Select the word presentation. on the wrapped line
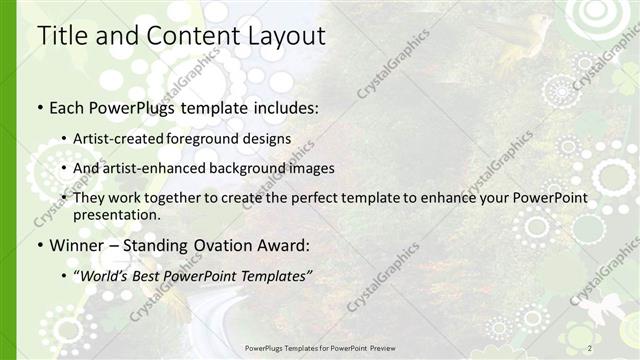pyautogui.click(x=117, y=215)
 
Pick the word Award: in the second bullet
pyautogui.click(x=284, y=245)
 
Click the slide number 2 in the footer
pyautogui.click(x=590, y=347)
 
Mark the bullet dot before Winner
pyautogui.click(x=40, y=245)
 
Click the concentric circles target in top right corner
pyautogui.click(x=598, y=15)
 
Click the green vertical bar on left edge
pyautogui.click(x=8, y=180)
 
